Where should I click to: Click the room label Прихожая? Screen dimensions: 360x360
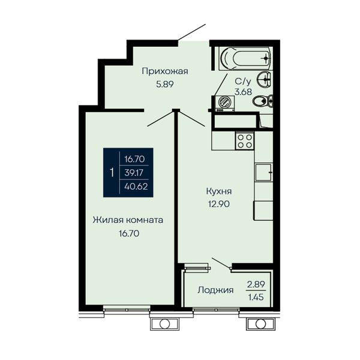coord(165,71)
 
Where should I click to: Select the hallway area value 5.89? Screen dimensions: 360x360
coord(165,84)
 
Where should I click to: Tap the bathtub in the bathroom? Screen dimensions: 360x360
coord(245,59)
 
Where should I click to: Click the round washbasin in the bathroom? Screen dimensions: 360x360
coord(265,79)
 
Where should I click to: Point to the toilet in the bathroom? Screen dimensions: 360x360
coord(263,101)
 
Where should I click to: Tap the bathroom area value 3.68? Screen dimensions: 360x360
coord(244,92)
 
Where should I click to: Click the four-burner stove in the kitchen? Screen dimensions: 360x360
coord(245,141)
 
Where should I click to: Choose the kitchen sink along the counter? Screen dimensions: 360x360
coord(263,172)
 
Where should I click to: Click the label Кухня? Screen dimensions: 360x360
coord(219,191)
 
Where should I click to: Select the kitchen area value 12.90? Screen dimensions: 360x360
coord(219,203)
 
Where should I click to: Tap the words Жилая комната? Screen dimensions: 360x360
coord(128,220)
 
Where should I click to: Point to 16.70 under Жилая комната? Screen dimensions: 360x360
coord(129,233)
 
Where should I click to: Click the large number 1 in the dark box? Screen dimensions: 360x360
coord(112,172)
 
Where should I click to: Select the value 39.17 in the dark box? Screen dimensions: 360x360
coord(134,172)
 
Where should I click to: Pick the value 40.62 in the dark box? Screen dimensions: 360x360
coord(136,187)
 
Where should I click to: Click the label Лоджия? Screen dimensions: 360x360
coord(215,290)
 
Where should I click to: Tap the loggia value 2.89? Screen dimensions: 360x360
coord(256,284)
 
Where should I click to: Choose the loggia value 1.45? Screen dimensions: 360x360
coord(256,298)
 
